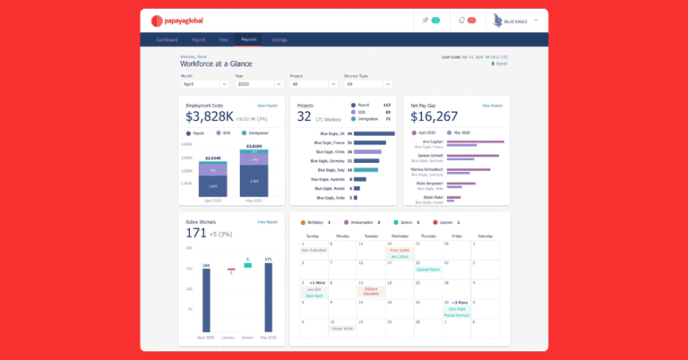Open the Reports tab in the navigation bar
[249, 39]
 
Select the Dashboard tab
[168, 39]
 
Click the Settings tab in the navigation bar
[279, 39]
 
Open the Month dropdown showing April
[205, 84]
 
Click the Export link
[500, 64]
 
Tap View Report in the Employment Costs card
[267, 105]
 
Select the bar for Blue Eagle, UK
[374, 133]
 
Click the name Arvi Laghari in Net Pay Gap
[431, 141]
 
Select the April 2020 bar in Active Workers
[205, 304]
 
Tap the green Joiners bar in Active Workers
[248, 265]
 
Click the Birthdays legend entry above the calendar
[316, 221]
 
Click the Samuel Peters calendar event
[428, 269]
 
